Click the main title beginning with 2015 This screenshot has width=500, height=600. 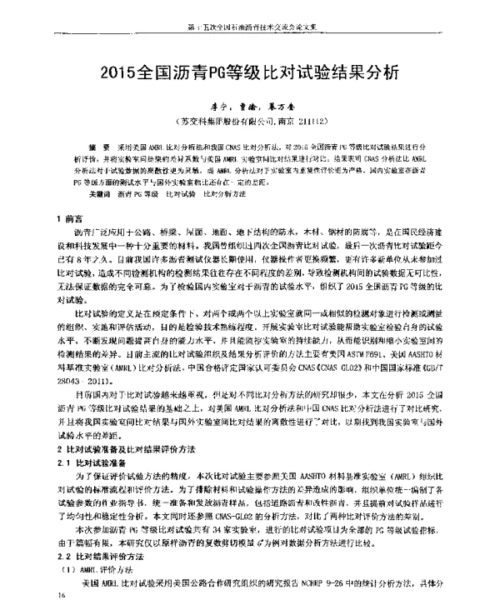(x=249, y=72)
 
